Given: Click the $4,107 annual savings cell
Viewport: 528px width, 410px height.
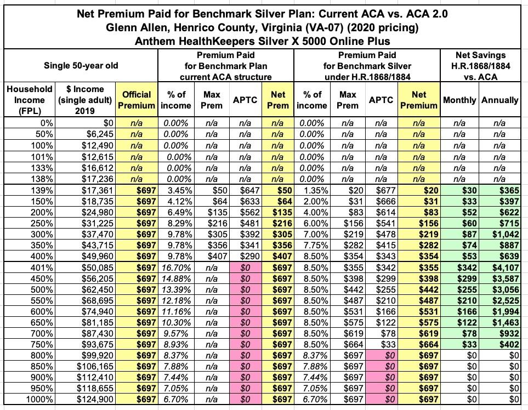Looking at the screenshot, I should [x=505, y=267].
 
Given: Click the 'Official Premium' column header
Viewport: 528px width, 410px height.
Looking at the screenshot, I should [x=137, y=100].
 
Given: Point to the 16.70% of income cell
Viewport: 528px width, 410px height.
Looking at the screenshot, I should [x=177, y=267].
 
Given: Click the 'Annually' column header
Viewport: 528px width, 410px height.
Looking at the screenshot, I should [x=499, y=100].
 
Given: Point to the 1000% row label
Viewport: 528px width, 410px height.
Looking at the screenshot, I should [x=40, y=399].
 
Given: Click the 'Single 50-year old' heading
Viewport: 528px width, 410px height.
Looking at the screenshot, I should [x=81, y=66].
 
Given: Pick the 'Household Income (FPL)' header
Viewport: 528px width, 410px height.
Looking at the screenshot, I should [x=29, y=100].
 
